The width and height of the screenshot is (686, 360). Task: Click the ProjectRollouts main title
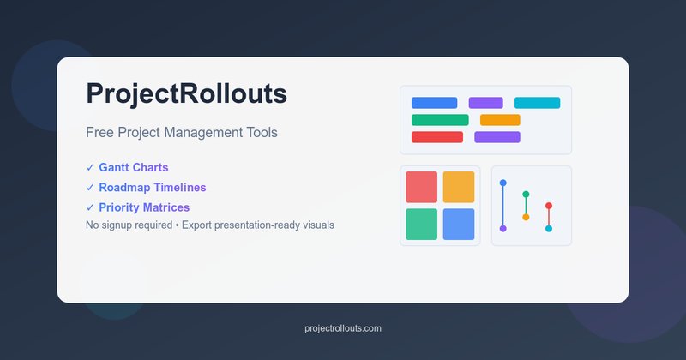pos(186,94)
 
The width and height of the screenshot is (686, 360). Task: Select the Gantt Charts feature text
pos(134,167)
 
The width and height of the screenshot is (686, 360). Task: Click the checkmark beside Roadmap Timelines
pos(90,188)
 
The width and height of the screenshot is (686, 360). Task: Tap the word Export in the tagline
pos(196,225)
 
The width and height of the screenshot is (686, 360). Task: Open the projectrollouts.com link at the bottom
pos(343,328)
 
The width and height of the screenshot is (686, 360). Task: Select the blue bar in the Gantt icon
pos(435,103)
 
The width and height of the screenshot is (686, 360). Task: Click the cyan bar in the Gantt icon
pos(538,103)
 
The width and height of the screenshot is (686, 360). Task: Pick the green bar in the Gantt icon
pos(440,120)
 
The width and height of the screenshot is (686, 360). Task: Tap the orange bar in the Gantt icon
pos(500,120)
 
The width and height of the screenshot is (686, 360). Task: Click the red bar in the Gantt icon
pos(437,137)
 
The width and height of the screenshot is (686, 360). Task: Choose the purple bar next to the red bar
pos(497,137)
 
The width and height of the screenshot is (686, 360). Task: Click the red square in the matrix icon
pos(421,187)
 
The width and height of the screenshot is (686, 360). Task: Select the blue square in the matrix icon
pos(459,224)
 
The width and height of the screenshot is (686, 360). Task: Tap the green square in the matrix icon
pos(421,224)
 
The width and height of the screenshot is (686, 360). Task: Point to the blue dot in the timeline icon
pos(503,183)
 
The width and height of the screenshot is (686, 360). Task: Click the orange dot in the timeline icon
pos(526,217)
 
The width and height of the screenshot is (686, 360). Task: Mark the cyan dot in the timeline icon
pos(549,228)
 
